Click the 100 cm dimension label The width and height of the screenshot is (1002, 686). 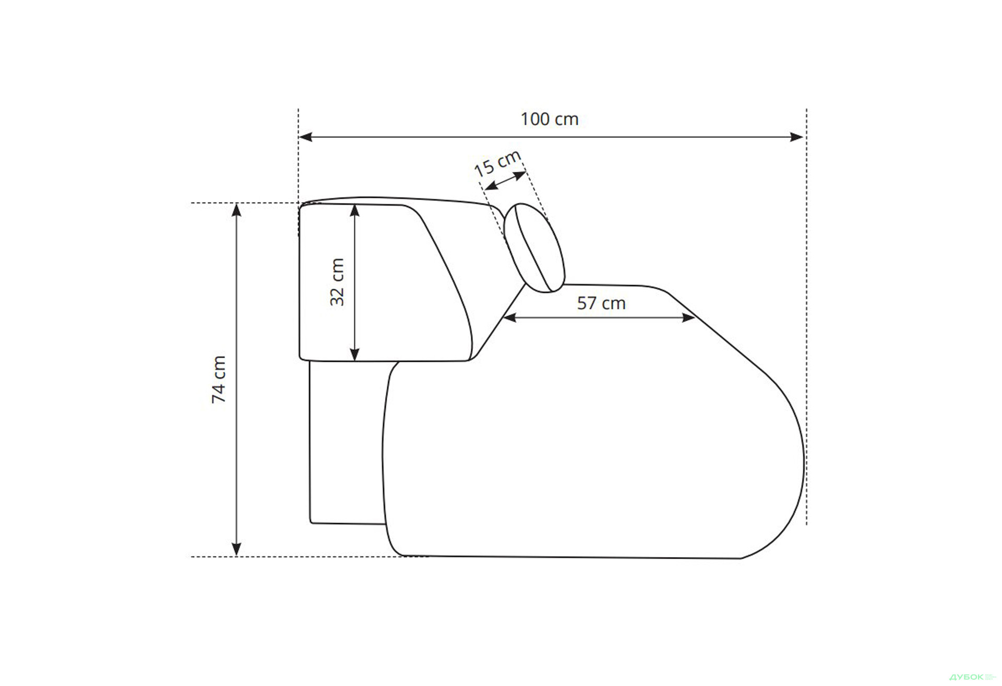tap(550, 119)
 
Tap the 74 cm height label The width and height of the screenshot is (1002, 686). tap(219, 380)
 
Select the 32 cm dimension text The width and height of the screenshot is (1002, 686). tap(338, 282)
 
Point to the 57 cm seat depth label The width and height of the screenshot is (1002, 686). tap(601, 303)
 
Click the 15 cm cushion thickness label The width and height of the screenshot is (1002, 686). tap(497, 163)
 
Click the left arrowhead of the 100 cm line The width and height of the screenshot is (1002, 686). tap(305, 137)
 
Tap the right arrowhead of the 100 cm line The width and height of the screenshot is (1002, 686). tap(797, 137)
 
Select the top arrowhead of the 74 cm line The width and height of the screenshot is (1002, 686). tap(236, 210)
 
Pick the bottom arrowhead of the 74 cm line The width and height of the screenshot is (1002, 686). tap(236, 549)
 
